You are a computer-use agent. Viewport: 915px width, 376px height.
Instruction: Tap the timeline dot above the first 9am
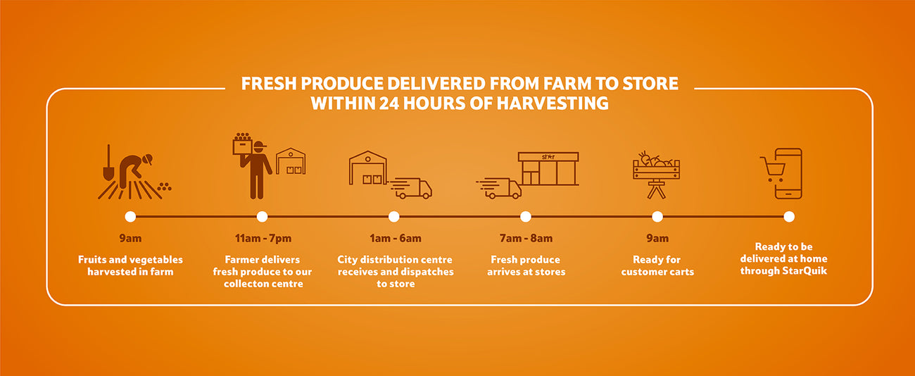click(x=130, y=217)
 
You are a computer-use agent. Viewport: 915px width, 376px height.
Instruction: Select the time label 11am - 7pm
click(x=263, y=238)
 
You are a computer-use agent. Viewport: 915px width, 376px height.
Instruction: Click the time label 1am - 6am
click(x=396, y=238)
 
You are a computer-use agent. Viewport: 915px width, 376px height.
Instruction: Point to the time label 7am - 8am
click(x=526, y=238)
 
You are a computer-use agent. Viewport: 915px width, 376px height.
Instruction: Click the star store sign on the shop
click(x=548, y=156)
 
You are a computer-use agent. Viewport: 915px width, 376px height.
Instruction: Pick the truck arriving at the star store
click(x=499, y=188)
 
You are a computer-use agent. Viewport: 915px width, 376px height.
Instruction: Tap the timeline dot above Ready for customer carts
click(x=657, y=217)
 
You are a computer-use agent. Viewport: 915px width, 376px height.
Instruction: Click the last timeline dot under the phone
click(x=789, y=217)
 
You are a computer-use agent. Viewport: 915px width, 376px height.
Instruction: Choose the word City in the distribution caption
click(x=347, y=260)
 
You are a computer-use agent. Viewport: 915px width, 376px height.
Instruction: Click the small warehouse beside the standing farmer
click(x=291, y=161)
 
